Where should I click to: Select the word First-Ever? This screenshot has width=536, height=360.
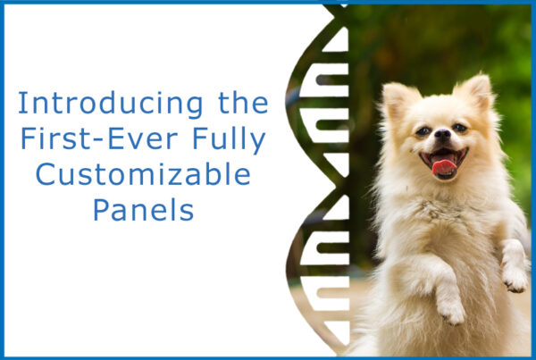(x=99, y=138)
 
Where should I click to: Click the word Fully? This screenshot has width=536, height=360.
(x=229, y=140)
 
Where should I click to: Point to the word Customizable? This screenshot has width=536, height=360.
(x=143, y=173)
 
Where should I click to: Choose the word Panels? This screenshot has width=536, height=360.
(x=143, y=209)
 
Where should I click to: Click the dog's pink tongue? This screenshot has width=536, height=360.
(x=444, y=167)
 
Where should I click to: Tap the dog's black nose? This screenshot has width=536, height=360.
(x=443, y=133)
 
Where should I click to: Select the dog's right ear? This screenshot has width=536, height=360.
(x=475, y=90)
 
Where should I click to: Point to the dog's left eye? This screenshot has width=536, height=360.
(x=423, y=131)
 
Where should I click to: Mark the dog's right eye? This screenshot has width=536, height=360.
(x=460, y=128)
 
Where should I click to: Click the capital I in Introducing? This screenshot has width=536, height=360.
(x=22, y=103)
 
